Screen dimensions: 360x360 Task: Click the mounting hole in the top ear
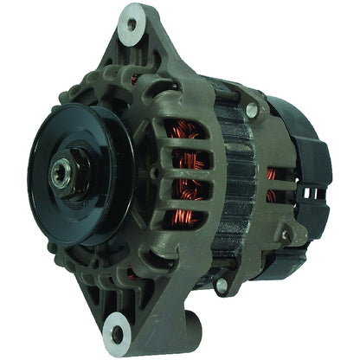tap(132, 24)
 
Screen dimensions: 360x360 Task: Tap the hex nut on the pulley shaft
tap(67, 162)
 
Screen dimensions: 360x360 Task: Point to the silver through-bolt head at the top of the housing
tap(251, 111)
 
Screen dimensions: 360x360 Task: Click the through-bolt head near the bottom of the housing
tap(222, 285)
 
